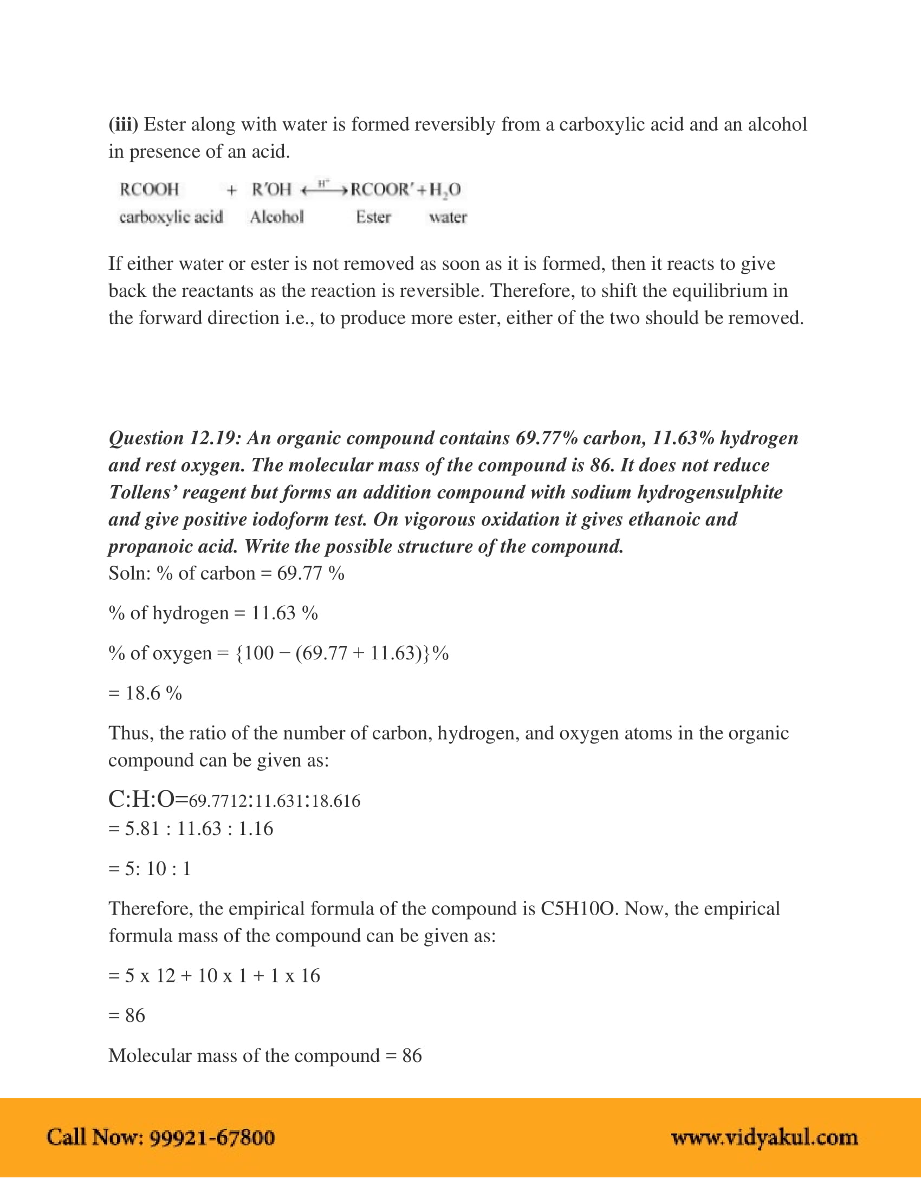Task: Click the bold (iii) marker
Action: point(124,125)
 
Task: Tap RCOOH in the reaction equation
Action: point(149,190)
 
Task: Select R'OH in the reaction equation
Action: point(272,190)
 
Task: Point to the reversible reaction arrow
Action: point(324,190)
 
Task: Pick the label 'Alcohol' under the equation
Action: point(277,217)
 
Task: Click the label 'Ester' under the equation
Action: point(373,217)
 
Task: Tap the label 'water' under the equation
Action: point(447,217)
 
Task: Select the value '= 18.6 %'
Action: point(145,693)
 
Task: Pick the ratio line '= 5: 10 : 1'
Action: point(150,869)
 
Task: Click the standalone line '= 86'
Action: point(127,1015)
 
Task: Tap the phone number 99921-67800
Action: point(212,1137)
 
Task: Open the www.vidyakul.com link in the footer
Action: point(764,1137)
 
